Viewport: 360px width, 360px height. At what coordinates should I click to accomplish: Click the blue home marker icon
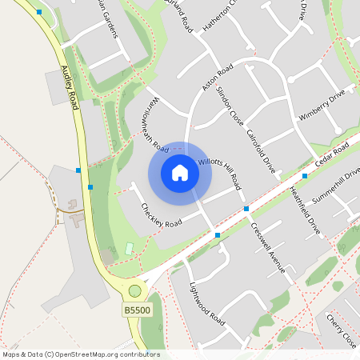[180, 173]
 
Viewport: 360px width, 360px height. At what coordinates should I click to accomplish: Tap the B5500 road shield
[136, 310]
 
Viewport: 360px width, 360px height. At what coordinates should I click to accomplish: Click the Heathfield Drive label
[304, 210]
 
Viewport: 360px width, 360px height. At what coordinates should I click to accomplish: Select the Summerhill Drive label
[337, 186]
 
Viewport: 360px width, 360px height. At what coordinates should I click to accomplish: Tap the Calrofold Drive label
[261, 151]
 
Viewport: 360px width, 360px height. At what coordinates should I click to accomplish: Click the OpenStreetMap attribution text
[81, 354]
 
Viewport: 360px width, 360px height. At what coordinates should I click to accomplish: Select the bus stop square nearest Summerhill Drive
[305, 175]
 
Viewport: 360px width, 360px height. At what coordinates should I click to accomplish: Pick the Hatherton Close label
[222, 16]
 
